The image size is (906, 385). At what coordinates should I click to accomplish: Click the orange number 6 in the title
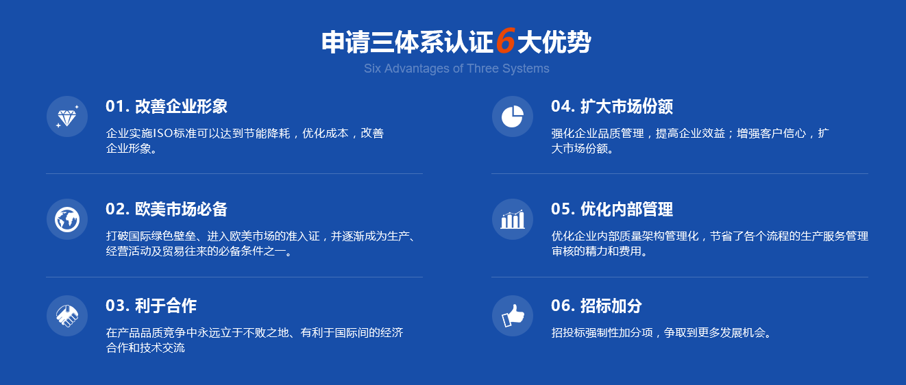click(505, 41)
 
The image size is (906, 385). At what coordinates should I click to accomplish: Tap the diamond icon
click(67, 116)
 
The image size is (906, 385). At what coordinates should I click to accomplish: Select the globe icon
click(67, 220)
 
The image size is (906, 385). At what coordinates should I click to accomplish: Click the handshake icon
click(67, 316)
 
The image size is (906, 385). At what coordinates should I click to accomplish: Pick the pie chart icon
click(513, 116)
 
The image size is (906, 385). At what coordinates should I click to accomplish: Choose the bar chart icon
click(513, 220)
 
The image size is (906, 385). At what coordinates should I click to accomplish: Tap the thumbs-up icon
click(513, 316)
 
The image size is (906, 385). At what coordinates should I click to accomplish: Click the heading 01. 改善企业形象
click(167, 106)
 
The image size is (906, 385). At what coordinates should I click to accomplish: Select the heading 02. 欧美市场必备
click(167, 209)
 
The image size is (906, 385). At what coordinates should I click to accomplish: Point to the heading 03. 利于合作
click(151, 306)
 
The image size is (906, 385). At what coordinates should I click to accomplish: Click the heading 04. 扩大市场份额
click(612, 106)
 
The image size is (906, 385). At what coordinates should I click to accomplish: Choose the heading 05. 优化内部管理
click(612, 209)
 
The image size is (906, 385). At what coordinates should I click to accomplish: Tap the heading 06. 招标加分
click(596, 306)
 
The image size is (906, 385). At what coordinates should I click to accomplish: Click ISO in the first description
click(163, 133)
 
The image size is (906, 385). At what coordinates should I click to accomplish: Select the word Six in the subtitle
click(372, 69)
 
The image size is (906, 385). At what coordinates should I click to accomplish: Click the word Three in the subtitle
click(482, 69)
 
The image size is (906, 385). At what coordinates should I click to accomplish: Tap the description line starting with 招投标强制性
click(662, 333)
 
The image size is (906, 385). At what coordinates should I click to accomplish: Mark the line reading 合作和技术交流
click(145, 348)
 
